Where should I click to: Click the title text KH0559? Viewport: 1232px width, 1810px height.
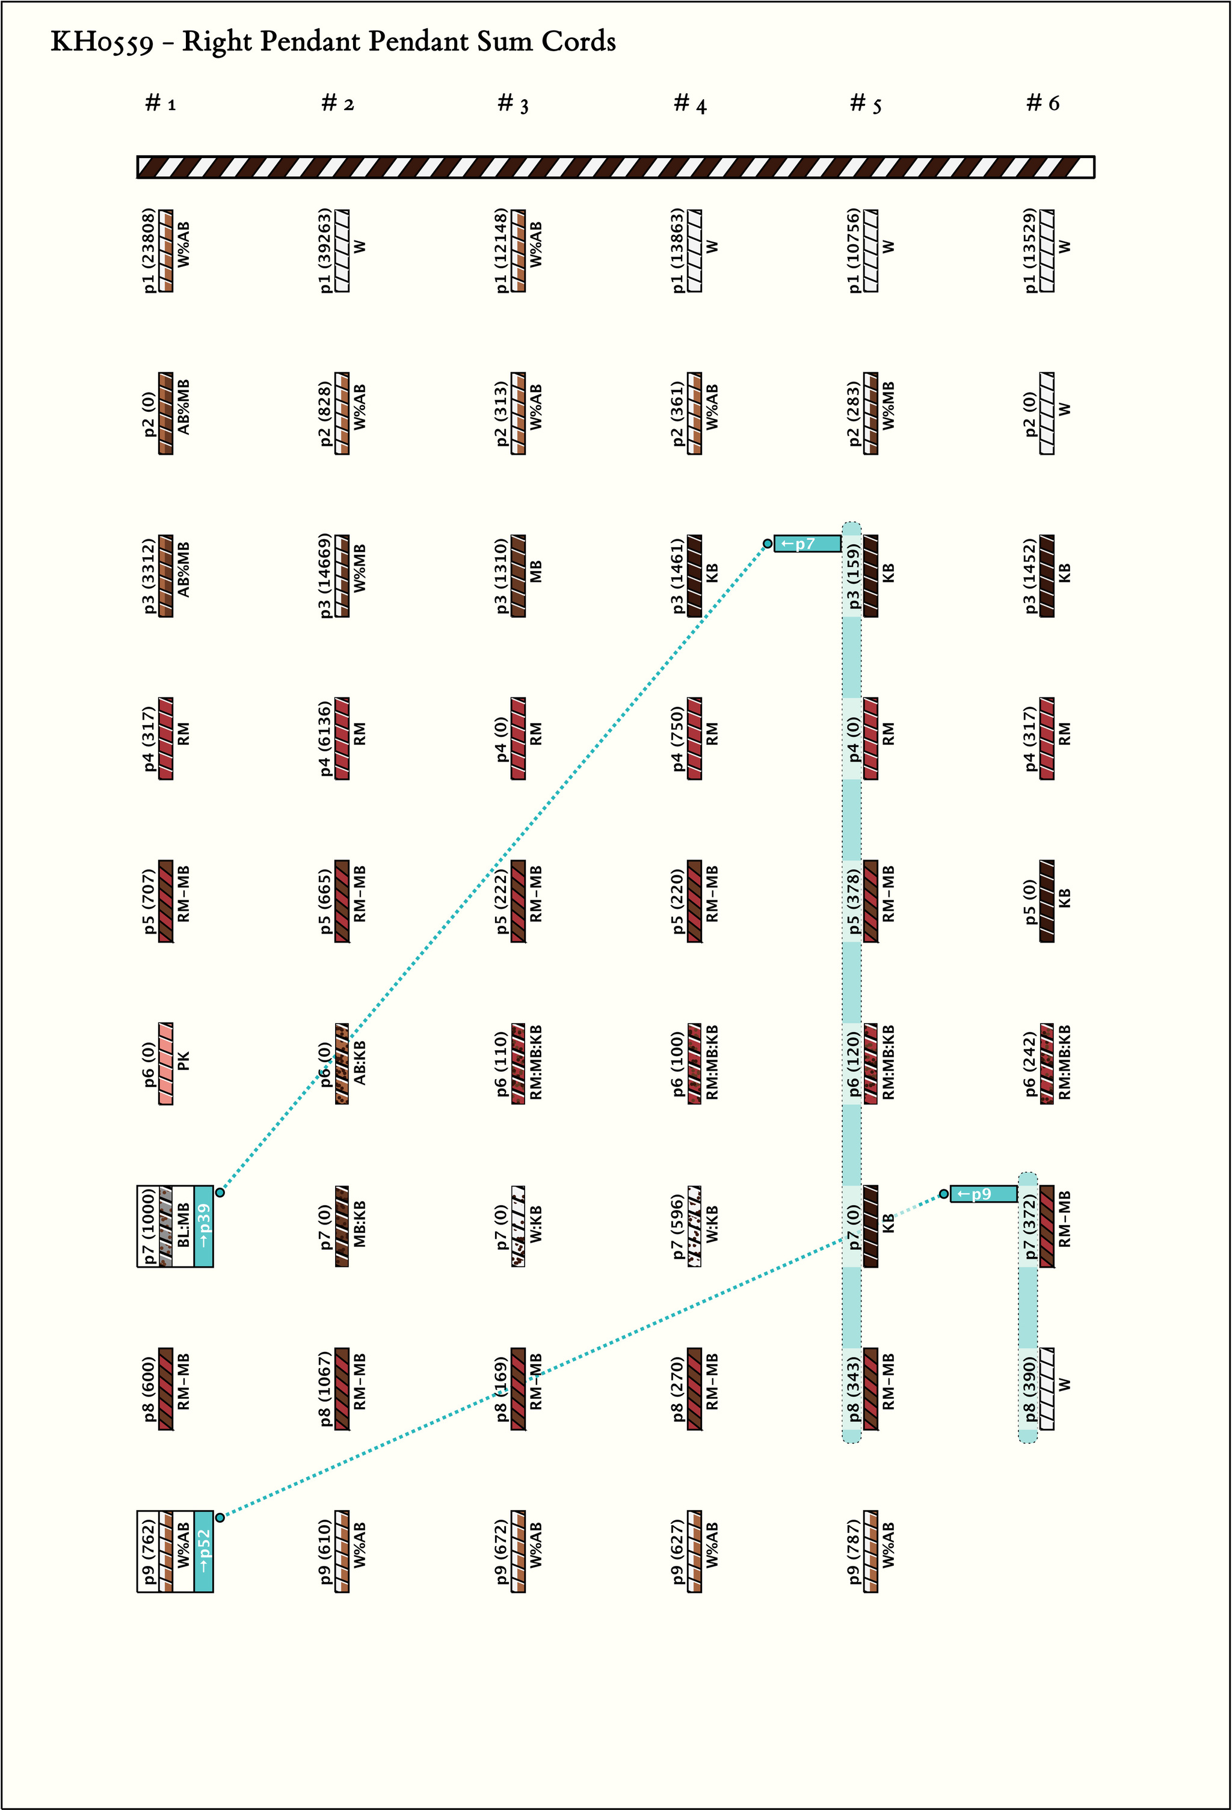(x=101, y=42)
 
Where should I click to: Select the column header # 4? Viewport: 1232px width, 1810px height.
(x=691, y=103)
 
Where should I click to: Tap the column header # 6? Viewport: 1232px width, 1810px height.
(x=1043, y=102)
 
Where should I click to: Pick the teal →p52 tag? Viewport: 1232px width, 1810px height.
(x=203, y=1552)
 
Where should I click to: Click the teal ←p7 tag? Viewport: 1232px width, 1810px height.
(x=807, y=543)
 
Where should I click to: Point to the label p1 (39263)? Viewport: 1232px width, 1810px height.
(x=325, y=251)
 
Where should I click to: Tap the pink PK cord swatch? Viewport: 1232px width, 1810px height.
(x=166, y=1063)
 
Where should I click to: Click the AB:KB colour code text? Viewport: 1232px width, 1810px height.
(x=360, y=1063)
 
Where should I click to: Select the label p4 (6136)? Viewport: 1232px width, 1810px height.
(x=325, y=738)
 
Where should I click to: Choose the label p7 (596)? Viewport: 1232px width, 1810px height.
(x=678, y=1227)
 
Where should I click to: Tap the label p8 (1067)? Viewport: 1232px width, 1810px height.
(x=325, y=1389)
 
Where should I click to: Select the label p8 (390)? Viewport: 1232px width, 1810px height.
(x=1030, y=1389)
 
